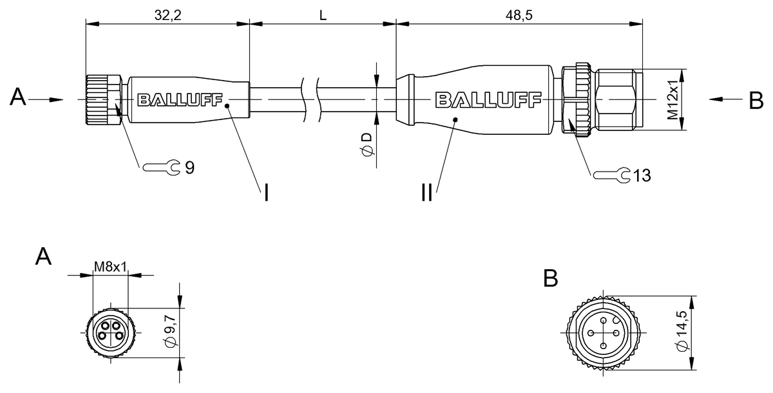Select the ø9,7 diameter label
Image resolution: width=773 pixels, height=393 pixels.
point(171,333)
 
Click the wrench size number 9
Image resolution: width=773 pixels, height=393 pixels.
point(189,168)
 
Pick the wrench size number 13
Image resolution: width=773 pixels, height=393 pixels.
point(641,175)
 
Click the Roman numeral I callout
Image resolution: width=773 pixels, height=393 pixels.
point(265,192)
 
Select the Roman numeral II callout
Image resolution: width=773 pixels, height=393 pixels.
point(427,192)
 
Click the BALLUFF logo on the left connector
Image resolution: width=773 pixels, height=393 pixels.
point(180,100)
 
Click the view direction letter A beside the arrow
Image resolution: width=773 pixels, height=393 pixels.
point(19,98)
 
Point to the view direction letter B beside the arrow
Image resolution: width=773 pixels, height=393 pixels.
point(756,101)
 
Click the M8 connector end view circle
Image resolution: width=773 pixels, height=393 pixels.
point(110,332)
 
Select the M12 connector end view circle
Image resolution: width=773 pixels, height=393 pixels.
point(602,333)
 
